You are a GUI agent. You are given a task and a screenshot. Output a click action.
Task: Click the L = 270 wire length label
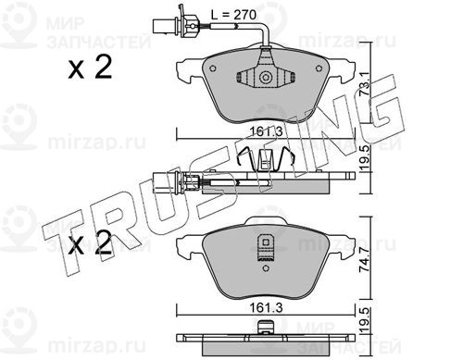(x=233, y=15)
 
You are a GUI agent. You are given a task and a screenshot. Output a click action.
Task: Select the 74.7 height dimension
(x=365, y=259)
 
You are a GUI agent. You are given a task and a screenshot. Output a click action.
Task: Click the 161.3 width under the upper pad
(x=266, y=131)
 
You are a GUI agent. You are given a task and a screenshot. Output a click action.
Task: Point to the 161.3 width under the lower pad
(x=266, y=308)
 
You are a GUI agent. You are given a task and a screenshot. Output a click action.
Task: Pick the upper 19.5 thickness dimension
(x=366, y=158)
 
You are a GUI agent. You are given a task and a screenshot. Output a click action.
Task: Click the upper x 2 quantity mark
(x=90, y=68)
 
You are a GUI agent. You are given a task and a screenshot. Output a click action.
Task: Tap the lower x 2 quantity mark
(x=90, y=242)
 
